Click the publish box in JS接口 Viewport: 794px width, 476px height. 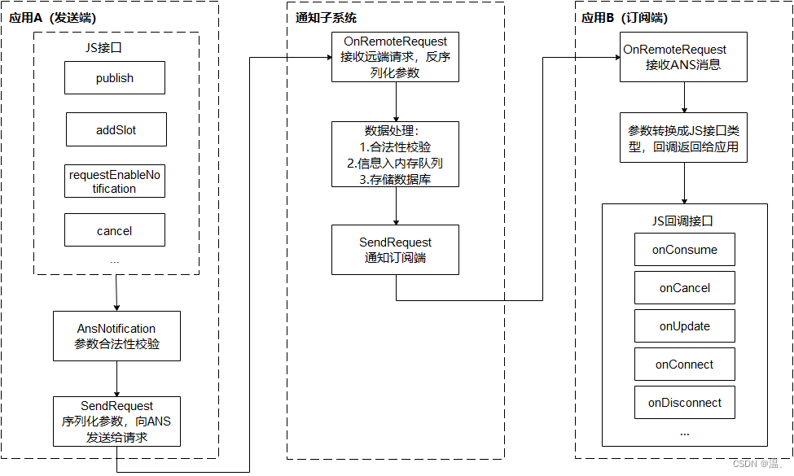click(115, 78)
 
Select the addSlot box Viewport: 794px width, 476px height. click(116, 129)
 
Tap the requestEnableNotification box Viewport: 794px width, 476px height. click(114, 181)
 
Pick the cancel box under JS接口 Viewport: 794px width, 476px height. click(114, 230)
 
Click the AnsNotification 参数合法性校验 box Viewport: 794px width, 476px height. click(116, 336)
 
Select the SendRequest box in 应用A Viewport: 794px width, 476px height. click(116, 421)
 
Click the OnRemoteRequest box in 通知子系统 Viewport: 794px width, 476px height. click(395, 57)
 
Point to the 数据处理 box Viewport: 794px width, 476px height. click(395, 155)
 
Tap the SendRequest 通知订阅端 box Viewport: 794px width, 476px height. click(395, 250)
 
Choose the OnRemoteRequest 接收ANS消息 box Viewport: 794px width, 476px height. click(683, 57)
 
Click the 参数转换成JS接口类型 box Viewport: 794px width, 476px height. click(683, 138)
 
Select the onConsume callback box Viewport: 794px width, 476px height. click(684, 250)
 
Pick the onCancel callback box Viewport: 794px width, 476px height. click(684, 288)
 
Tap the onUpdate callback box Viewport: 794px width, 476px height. click(684, 326)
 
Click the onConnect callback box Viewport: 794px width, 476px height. click(684, 365)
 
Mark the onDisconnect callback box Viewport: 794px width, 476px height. click(684, 403)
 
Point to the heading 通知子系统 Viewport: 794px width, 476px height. click(325, 18)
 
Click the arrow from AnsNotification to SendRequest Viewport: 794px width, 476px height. click(116, 378)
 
